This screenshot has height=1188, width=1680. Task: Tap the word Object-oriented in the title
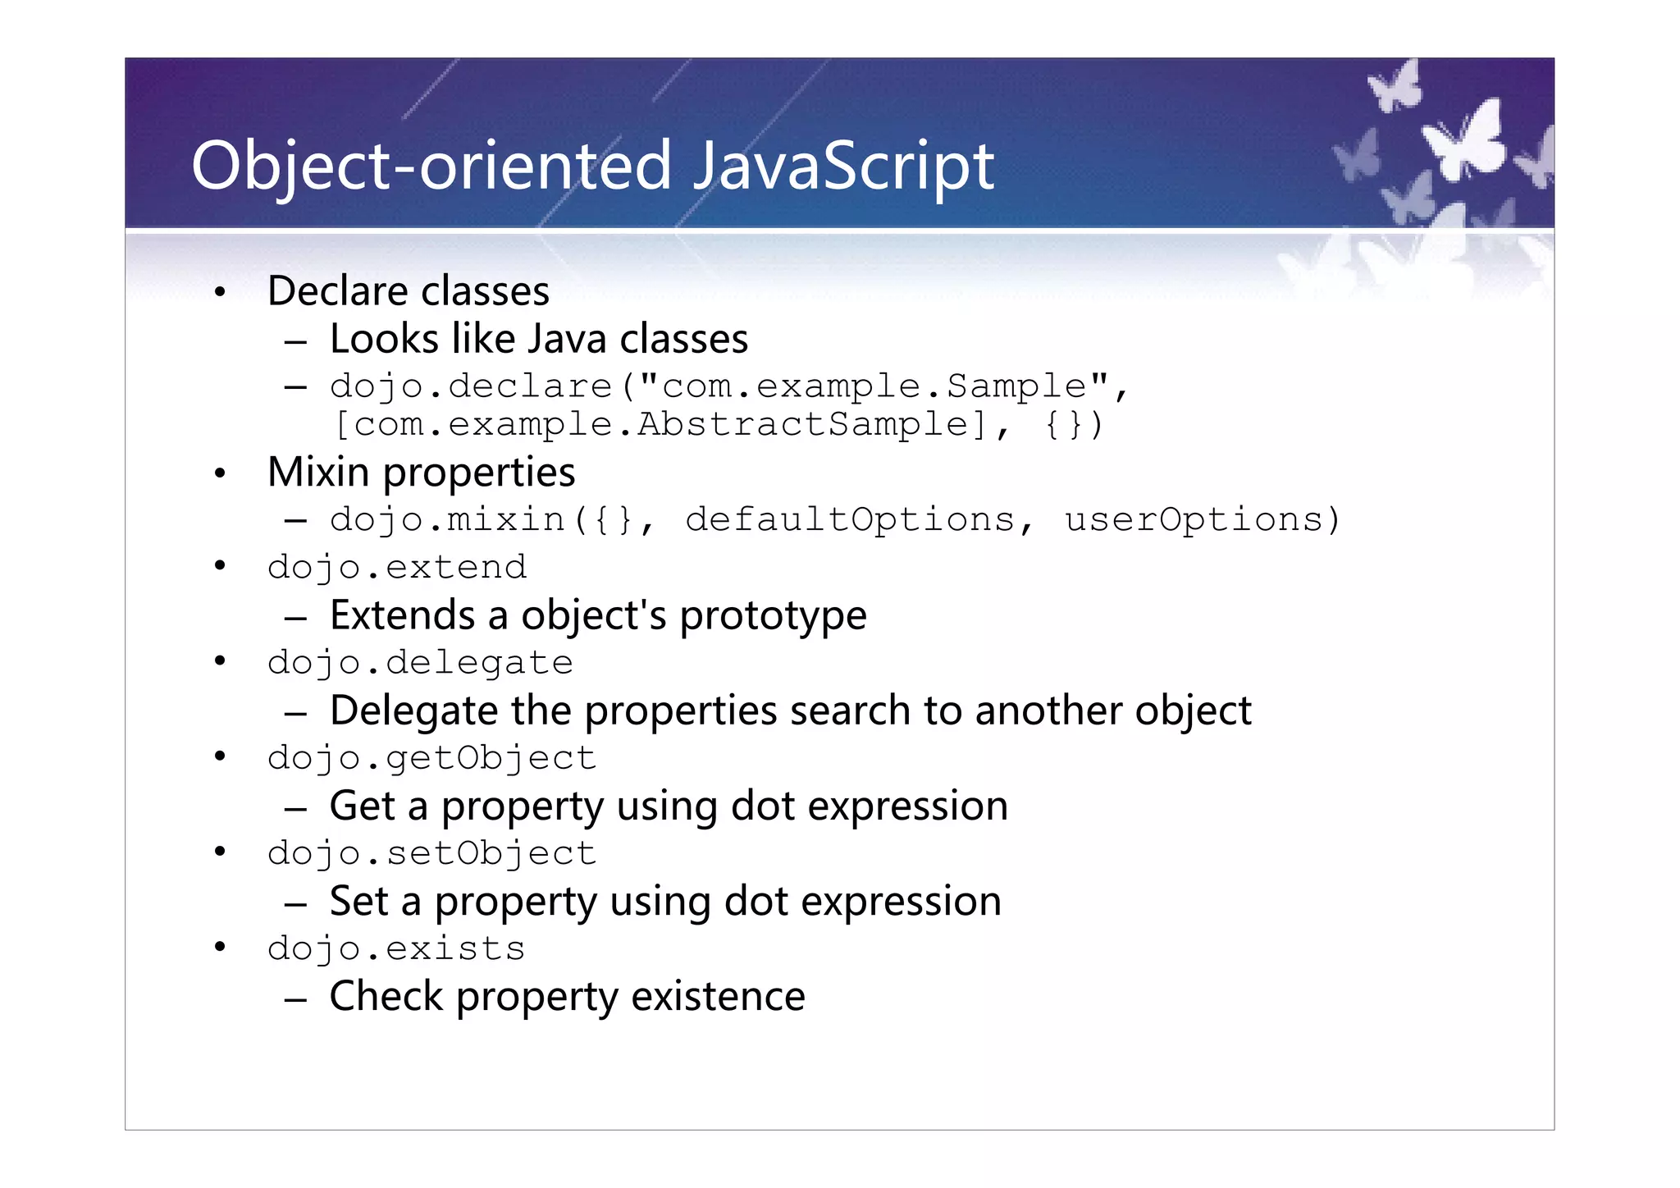pos(431,167)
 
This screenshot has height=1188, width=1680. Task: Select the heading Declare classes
pos(408,291)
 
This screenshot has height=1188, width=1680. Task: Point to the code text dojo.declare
pos(471,386)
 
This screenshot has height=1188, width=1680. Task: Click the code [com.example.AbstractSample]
pos(661,425)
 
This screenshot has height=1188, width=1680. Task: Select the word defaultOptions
pos(850,520)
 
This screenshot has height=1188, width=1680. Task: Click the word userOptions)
pos(1203,520)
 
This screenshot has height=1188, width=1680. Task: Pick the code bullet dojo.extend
pos(397,568)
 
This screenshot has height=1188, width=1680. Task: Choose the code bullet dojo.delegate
pos(420,663)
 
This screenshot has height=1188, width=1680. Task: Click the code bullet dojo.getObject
pos(431,758)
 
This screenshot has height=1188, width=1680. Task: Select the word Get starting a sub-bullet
pos(362,806)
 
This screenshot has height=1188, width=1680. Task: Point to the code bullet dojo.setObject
pos(431,853)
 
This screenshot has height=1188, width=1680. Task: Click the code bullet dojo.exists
pos(396,948)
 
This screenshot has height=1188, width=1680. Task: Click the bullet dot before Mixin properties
pos(219,473)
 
